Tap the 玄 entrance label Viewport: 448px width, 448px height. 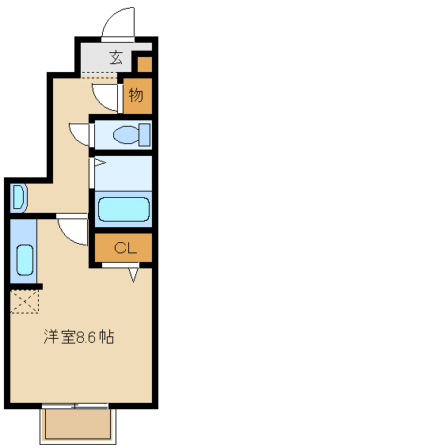pyautogui.click(x=116, y=57)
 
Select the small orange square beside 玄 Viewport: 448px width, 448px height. pyautogui.click(x=144, y=63)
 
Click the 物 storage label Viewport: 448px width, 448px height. pyautogui.click(x=136, y=96)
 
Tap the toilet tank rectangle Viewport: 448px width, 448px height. pyautogui.click(x=143, y=134)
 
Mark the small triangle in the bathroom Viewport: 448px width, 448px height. pyautogui.click(x=99, y=164)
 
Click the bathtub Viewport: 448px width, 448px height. pyautogui.click(x=123, y=210)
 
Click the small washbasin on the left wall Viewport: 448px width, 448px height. pyautogui.click(x=19, y=197)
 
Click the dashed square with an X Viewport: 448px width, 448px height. pyautogui.click(x=25, y=301)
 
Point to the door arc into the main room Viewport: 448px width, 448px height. pyautogui.click(x=71, y=232)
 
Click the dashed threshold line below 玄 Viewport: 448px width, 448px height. pyautogui.click(x=98, y=74)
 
